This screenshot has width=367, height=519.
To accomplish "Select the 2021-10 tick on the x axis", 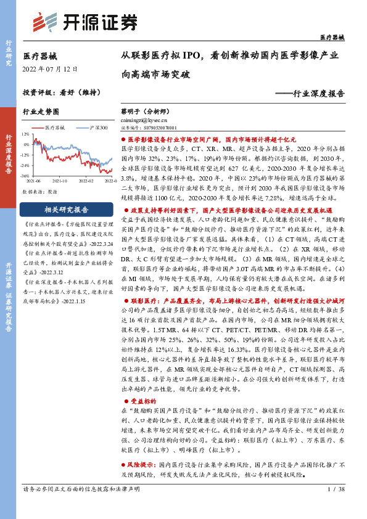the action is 60,182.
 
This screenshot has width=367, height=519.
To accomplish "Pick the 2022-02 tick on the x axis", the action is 85,182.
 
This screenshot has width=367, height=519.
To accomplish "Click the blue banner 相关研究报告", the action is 66,209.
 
